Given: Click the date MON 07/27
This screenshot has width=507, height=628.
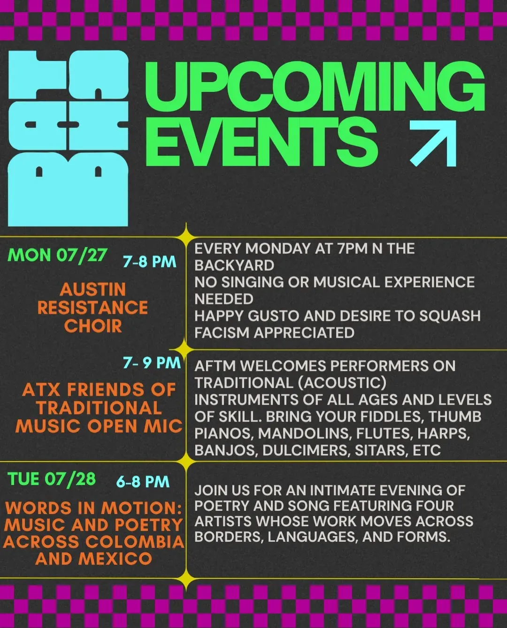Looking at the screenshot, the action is coord(58,255).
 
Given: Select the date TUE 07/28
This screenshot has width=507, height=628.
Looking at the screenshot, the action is coord(52,479).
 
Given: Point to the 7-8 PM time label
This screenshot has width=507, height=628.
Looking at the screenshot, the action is coord(150,262).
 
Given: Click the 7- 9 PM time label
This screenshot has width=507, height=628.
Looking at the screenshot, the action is coord(152,363).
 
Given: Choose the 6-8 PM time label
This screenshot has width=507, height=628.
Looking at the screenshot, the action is coord(143,482).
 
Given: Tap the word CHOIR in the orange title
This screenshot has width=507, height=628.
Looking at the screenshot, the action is coord(93,326).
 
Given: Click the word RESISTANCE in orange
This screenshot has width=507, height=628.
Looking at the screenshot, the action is coord(92,308).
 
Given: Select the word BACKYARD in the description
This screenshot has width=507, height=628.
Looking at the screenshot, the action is coord(235,265).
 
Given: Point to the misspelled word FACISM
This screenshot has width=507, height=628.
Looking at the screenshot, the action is coord(222,333).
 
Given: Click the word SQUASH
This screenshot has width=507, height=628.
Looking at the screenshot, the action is coord(450,316).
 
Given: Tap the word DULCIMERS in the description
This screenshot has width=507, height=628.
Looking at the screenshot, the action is coord(306,450).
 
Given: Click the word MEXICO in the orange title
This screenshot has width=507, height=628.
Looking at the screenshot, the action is coord(115,559).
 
